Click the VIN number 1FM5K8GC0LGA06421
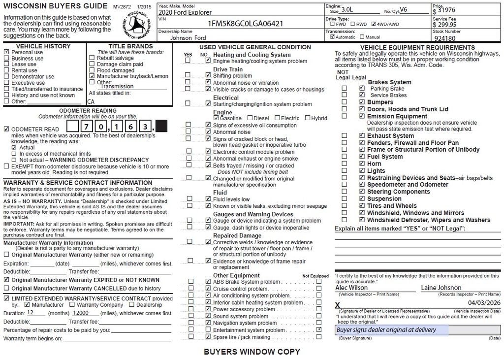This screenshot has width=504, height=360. pos(245,24)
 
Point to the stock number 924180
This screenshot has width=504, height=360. pos(445,38)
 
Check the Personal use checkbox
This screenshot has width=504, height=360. pos(6,52)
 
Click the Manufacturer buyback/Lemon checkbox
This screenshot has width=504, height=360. pos(92,76)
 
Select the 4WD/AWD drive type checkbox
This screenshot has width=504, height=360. pos(374,24)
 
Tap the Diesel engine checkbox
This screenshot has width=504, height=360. pos(250,118)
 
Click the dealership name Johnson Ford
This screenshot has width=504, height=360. pos(189,37)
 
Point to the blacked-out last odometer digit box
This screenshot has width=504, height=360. pos(161,127)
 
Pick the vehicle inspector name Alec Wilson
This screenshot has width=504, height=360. pos(351,288)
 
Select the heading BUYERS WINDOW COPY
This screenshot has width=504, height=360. pos(252,352)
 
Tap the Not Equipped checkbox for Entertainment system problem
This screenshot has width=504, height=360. pos(319,329)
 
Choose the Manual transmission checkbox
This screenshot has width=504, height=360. pos(362,37)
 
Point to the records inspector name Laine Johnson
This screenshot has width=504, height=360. pos(441,288)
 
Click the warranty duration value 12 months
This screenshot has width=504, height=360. pos(31,313)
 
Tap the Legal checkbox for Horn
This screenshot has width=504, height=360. pos(362,164)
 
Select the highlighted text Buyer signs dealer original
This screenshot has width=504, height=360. pos(386,330)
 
